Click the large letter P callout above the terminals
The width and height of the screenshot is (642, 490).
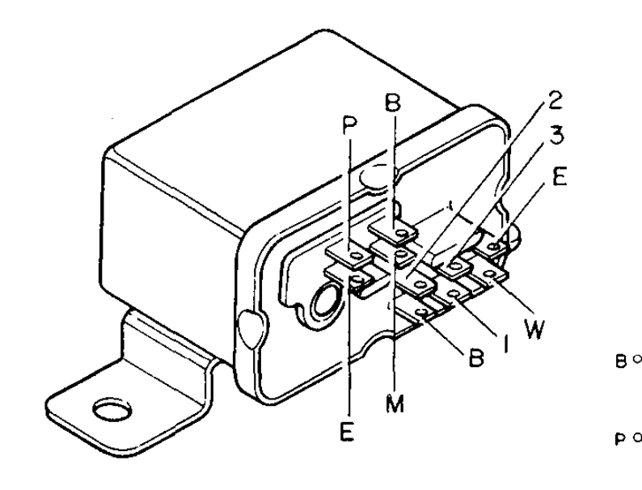tap(350, 126)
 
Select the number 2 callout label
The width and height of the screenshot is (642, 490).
tap(555, 100)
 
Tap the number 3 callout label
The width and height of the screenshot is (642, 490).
tap(556, 135)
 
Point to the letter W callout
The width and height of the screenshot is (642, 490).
tap(534, 328)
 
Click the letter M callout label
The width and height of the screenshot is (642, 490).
tap(395, 403)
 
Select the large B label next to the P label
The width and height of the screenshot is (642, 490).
tap(393, 103)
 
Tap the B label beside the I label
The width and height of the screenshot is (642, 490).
tap(475, 357)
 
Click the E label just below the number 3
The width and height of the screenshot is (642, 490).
tap(559, 177)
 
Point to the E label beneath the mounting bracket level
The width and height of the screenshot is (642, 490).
tap(347, 432)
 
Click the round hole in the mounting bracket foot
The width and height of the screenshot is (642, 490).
tap(112, 409)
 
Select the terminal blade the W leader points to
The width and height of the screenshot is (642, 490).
tap(489, 275)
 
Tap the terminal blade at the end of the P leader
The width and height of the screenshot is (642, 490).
tap(349, 256)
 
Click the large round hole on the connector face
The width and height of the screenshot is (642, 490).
tap(327, 304)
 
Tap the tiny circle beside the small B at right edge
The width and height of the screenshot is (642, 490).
tap(636, 358)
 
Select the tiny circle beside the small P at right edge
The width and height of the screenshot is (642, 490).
tap(636, 437)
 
